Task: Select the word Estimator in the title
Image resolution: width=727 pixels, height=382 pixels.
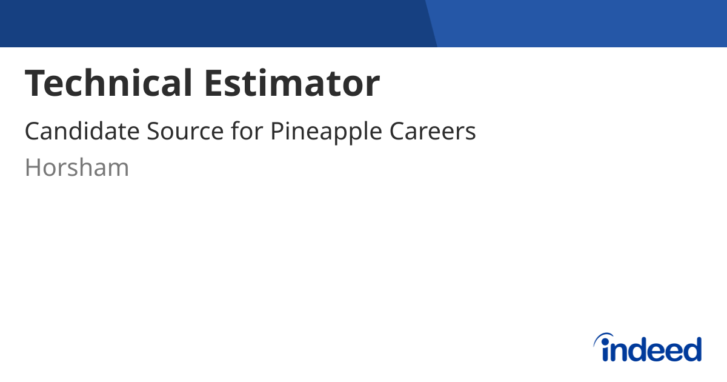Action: (x=292, y=83)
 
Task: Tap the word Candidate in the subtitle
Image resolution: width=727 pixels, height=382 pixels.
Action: (x=82, y=132)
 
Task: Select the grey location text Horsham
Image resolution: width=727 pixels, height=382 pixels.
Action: (x=77, y=167)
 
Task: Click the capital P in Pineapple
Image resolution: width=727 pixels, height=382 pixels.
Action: (x=277, y=132)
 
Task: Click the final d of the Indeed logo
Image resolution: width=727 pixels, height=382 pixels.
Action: (x=691, y=349)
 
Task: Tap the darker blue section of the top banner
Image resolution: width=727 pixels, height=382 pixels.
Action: (x=212, y=23)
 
